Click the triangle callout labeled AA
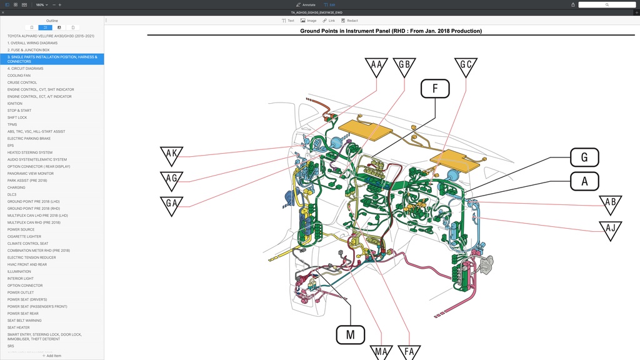point(376,66)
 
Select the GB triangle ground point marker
point(404,66)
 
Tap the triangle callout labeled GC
point(466,66)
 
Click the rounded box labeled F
point(435,89)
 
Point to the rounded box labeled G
point(584,157)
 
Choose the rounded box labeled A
point(584,181)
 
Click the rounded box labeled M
point(351,334)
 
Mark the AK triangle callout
point(171,154)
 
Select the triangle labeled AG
point(171,179)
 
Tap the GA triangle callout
point(171,204)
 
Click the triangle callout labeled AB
point(611,204)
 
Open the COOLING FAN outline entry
point(19,76)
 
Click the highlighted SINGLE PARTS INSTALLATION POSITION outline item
point(52,59)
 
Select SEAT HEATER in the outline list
point(19,327)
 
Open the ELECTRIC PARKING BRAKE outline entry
point(29,139)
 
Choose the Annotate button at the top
point(306,4)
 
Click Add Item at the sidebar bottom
point(52,356)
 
